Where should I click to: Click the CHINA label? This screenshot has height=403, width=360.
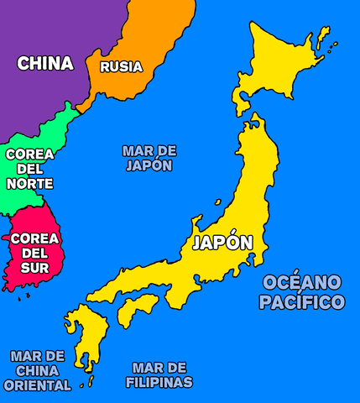(x=45, y=63)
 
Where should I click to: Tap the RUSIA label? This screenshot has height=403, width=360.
(x=121, y=66)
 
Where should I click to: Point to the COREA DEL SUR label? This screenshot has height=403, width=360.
(x=34, y=253)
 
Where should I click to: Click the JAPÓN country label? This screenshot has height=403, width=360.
(x=222, y=243)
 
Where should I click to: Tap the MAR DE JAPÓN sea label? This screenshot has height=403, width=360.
(x=149, y=158)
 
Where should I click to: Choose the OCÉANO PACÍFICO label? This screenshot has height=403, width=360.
(x=301, y=291)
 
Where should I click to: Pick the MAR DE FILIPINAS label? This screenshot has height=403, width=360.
(x=159, y=374)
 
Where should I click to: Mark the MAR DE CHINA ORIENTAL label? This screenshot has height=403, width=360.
(x=37, y=370)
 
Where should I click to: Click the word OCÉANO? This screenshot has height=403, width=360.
(x=301, y=281)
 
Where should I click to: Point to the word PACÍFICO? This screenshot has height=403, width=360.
(x=301, y=302)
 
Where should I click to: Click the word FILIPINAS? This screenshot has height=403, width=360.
(x=159, y=382)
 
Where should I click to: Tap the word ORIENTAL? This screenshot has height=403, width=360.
(x=37, y=385)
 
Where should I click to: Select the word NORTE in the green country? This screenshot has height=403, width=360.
(x=29, y=184)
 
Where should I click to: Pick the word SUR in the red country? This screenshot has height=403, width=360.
(x=34, y=268)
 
